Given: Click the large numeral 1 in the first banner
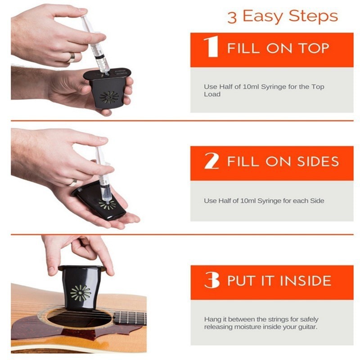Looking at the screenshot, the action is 211,47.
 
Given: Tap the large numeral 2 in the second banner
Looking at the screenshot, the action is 211,161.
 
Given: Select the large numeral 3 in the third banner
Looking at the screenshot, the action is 212,279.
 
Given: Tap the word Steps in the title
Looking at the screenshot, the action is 313,17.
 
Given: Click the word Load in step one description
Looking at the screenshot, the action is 212,94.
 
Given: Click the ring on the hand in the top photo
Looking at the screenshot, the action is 72,57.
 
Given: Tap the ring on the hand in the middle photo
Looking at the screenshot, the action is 73,183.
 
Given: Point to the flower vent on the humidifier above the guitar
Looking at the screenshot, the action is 81,293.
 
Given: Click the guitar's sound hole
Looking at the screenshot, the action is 80,319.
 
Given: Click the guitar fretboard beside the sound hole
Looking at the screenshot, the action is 130,317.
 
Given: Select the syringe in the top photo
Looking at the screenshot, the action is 95,45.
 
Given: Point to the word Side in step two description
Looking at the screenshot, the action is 317,201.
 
